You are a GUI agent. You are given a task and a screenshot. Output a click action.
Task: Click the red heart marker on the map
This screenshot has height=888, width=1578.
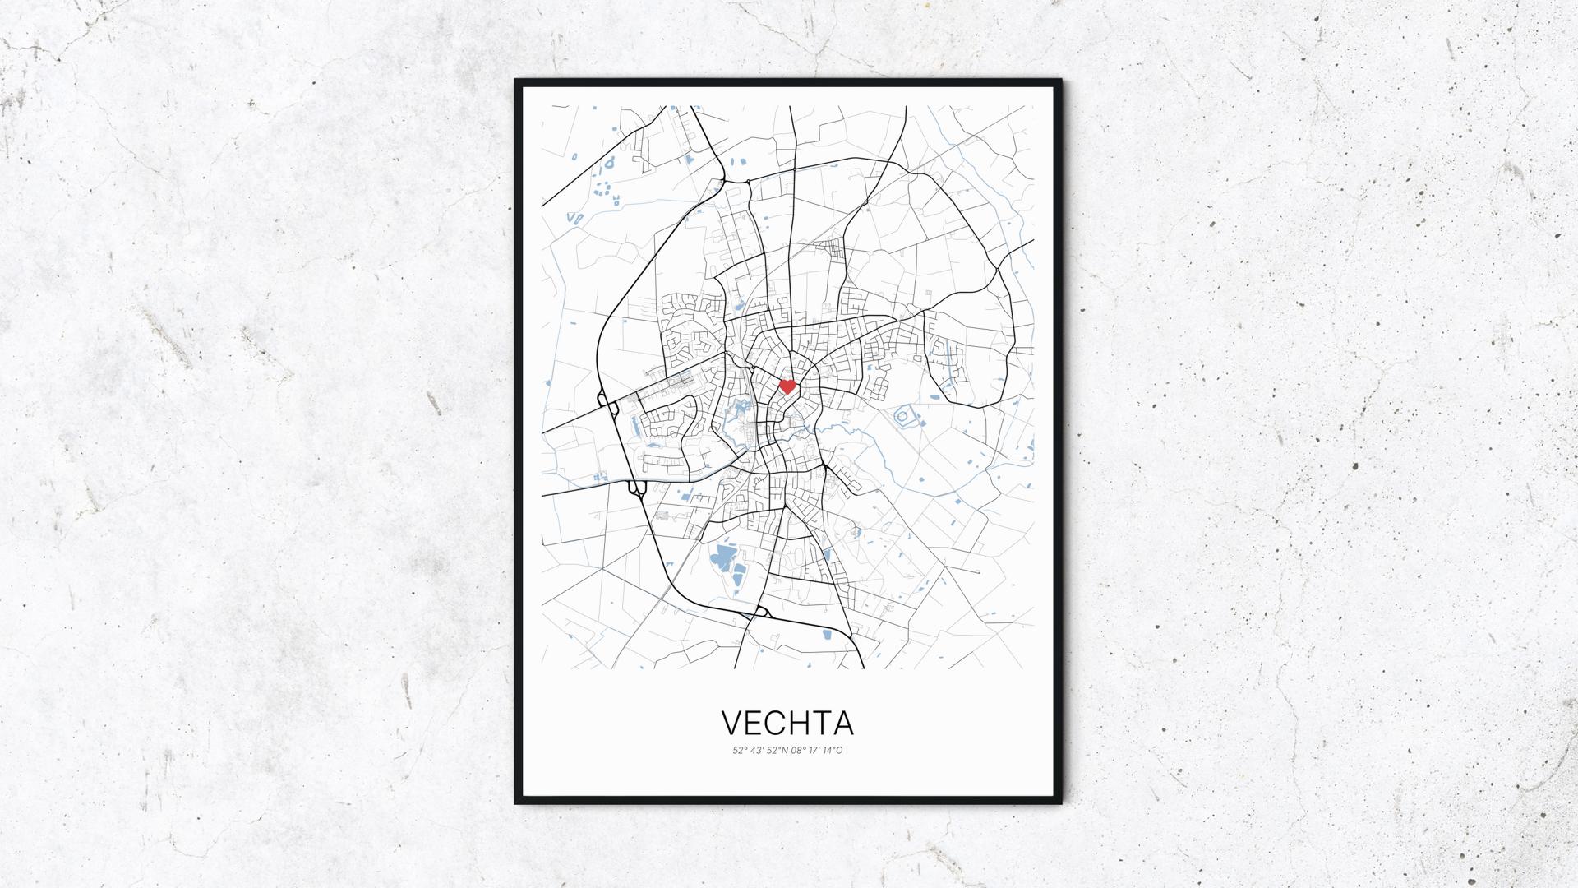[787, 386]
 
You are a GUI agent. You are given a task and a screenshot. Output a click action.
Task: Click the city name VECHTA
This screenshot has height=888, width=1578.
[787, 723]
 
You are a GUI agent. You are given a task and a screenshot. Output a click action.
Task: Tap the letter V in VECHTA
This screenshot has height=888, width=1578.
[731, 723]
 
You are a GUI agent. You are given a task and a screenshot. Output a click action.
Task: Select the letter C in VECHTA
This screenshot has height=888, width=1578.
[776, 723]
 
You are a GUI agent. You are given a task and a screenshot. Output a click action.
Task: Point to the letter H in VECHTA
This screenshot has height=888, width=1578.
[799, 723]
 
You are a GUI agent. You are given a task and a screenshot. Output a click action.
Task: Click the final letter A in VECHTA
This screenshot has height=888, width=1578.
[843, 723]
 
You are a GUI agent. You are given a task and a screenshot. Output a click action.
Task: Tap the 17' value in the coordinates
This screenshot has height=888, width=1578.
[815, 751]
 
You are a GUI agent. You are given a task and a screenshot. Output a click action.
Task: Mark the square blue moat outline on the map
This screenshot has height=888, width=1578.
[904, 418]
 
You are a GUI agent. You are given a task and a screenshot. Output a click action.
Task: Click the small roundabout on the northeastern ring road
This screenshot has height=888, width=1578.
[996, 269]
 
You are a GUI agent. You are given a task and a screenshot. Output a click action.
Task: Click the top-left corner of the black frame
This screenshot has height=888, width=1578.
[517, 81]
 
